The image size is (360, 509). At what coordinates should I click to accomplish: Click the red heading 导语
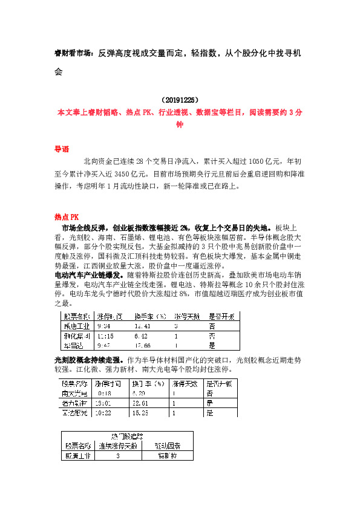62,149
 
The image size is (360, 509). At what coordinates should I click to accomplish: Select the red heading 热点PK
67,217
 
